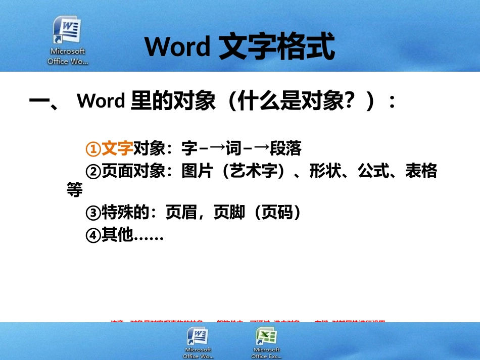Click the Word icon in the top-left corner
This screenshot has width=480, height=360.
[x=68, y=31]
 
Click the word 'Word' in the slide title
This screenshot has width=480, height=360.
[x=177, y=47]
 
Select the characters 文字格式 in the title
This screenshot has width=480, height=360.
[x=277, y=47]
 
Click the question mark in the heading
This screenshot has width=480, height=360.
[x=347, y=101]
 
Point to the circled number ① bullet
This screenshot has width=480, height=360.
[x=93, y=149]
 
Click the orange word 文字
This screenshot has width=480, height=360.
[x=117, y=148]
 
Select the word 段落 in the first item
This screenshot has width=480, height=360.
[x=285, y=148]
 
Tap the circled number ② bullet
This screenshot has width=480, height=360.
[x=93, y=172]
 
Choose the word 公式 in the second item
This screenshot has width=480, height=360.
[x=373, y=172]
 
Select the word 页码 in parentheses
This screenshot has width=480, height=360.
[x=277, y=213]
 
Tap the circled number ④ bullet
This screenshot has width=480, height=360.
[x=93, y=236]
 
